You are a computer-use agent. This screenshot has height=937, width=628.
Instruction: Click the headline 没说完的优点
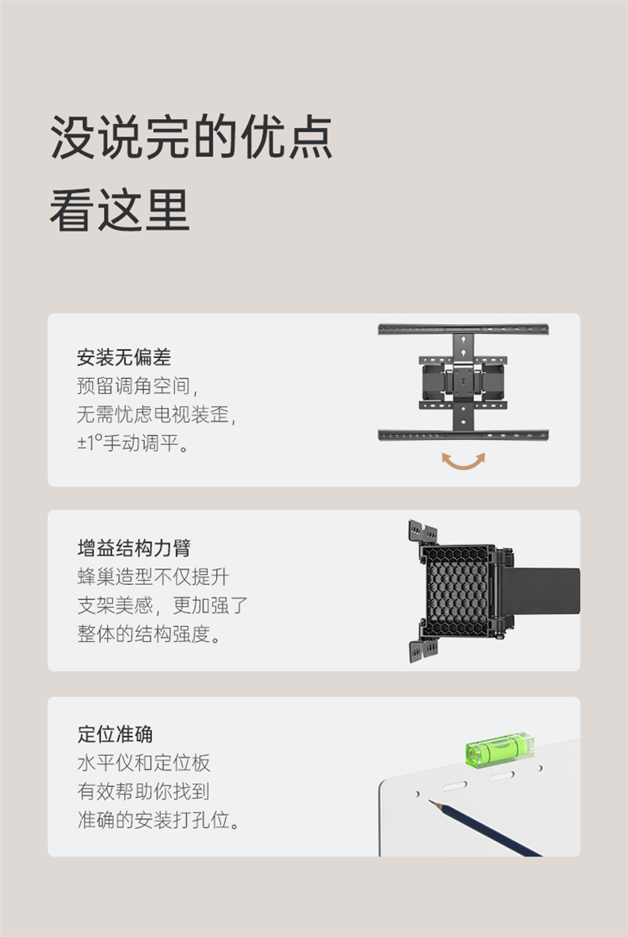pos(191,137)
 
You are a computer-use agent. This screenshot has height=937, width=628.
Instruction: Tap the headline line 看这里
pos(120,210)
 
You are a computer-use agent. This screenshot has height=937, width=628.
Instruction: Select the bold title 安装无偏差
pos(124,357)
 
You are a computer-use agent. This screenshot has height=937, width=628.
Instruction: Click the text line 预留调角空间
pos(136,386)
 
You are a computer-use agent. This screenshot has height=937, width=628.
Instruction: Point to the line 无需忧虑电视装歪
pos(157,414)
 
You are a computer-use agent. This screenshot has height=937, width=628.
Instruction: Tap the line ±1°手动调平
pos(133,443)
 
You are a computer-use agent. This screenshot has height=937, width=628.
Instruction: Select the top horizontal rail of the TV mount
pos(463,329)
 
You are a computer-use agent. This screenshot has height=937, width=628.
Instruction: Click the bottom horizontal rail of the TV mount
pos(463,435)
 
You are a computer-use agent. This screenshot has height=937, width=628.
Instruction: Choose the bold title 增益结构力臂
pos(134,547)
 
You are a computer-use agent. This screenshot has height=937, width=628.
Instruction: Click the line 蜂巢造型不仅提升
pos(153,577)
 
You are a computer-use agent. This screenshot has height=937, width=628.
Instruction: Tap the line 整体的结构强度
pos(149,634)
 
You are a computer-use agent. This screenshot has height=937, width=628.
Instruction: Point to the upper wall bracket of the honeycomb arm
pos(423,532)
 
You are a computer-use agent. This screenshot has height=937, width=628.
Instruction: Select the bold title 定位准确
pos(115,734)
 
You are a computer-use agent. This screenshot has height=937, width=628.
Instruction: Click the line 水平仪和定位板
pos(143,764)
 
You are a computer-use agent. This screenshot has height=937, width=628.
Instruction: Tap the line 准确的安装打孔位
pos(159,820)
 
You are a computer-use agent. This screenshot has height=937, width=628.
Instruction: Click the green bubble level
pos(499,748)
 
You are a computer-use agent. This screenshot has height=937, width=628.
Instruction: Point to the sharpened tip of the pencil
pos(430,801)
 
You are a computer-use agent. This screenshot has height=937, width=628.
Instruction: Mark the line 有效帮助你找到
pos(143,791)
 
